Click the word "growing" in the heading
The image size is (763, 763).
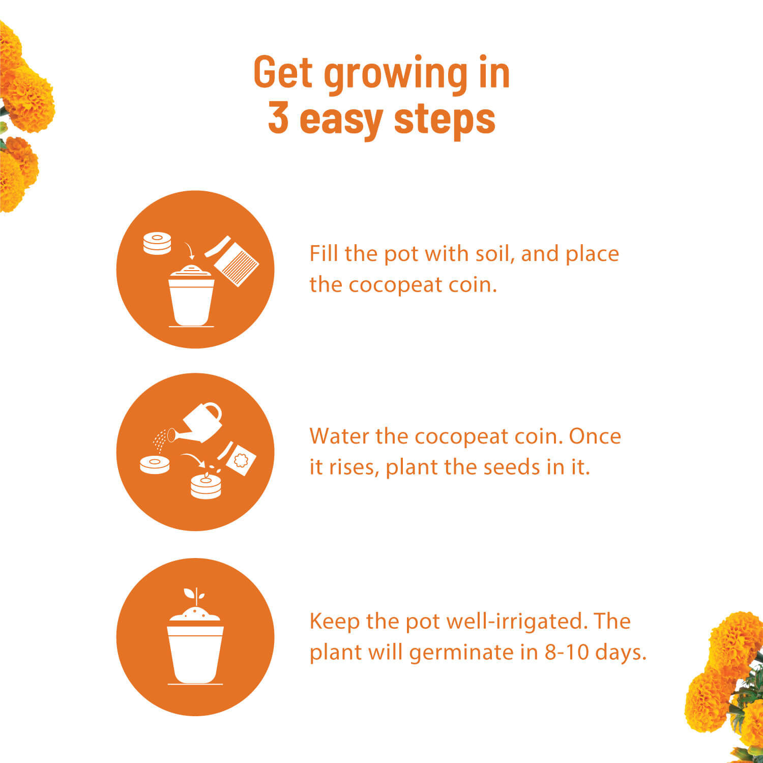[x=396, y=74]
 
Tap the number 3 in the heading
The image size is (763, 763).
[x=278, y=118]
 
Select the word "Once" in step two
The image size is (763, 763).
[x=595, y=436]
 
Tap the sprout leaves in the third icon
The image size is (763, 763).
[x=195, y=595]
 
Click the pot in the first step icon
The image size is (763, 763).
[x=191, y=300]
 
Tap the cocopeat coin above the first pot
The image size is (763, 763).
[x=157, y=243]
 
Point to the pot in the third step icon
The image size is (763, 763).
[x=195, y=654]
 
